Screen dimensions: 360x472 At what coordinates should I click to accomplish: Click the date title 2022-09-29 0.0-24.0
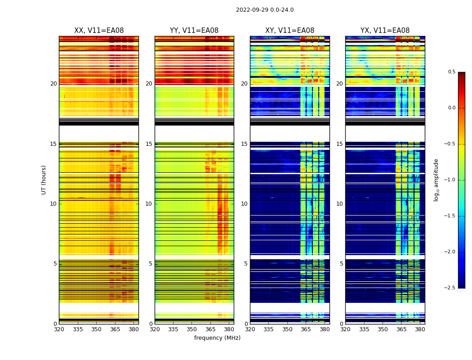coord(265,10)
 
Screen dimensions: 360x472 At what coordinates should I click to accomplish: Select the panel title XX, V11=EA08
coord(99,31)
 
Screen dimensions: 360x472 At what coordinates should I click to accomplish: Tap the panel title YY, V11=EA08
coord(194,31)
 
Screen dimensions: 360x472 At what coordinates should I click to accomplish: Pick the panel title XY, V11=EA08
coord(290,31)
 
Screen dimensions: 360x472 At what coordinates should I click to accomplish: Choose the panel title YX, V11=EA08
coord(385,31)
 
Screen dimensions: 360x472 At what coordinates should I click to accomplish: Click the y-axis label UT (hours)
coord(44,180)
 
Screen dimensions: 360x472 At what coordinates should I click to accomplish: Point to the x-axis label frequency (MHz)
coord(217,338)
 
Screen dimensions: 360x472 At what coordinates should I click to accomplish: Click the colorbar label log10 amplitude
coord(436,180)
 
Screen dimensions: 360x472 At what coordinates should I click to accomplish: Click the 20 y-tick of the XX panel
coord(53,84)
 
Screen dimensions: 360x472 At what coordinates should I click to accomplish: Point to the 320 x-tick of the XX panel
coord(59,329)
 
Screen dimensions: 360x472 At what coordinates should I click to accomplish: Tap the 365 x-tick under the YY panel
coord(210,329)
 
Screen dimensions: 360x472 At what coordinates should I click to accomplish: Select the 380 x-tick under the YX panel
coord(420,329)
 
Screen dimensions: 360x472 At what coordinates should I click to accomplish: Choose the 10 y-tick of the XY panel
coord(245,204)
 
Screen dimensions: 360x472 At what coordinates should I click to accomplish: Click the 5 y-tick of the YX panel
coord(341,264)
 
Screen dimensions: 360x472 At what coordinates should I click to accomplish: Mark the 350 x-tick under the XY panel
coord(287,329)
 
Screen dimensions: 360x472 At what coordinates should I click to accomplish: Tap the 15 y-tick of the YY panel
coord(149,144)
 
